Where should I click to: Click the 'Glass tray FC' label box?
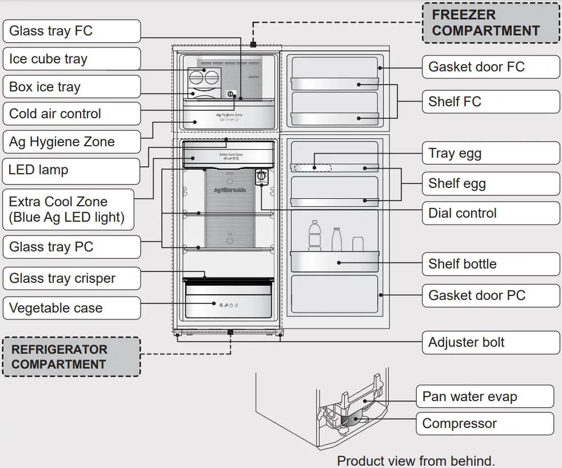click(71, 31)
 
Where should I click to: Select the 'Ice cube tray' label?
click(71, 59)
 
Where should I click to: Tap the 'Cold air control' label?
click(71, 114)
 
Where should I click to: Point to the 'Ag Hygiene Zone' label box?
click(71, 142)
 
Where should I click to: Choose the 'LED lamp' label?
click(71, 170)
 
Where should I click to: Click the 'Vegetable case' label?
click(71, 308)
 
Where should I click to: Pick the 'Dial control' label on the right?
click(491, 213)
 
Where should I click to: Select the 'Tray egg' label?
click(491, 153)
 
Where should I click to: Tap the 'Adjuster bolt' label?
click(491, 342)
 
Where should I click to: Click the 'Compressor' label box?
click(485, 423)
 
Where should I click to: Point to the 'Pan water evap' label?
click(485, 397)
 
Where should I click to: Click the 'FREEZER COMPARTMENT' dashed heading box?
click(491, 23)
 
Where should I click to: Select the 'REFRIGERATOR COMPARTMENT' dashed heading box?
click(71, 357)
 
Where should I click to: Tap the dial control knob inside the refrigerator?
click(262, 176)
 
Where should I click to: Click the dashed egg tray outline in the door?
click(313, 168)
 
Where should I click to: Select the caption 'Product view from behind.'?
click(416, 461)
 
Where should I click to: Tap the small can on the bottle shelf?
click(358, 244)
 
